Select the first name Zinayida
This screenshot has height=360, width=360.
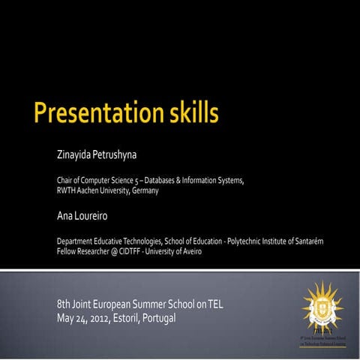click(x=73, y=155)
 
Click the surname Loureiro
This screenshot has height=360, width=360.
click(x=94, y=216)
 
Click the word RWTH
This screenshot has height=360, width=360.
click(x=66, y=190)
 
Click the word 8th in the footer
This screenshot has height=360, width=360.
click(x=64, y=304)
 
